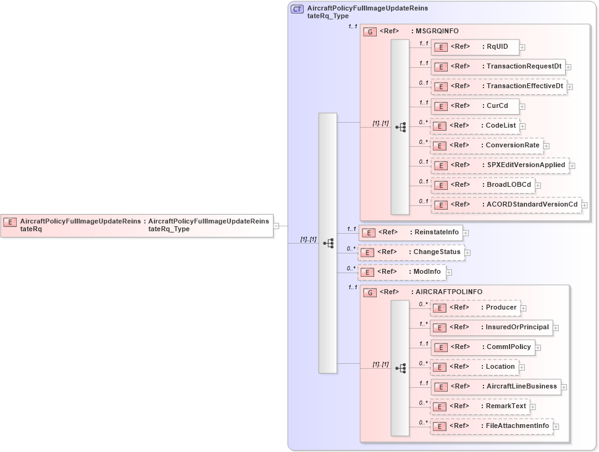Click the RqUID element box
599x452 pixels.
[x=474, y=47]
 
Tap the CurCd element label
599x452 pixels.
[x=497, y=106]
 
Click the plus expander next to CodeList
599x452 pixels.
[x=522, y=126]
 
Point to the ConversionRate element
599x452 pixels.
[x=487, y=146]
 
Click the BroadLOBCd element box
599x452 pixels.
[x=482, y=185]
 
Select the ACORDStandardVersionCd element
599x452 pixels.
[x=506, y=205]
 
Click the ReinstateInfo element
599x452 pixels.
[x=411, y=232]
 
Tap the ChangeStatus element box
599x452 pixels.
[x=411, y=252]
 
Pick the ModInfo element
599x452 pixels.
[x=401, y=272]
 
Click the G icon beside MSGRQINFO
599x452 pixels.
[x=370, y=31]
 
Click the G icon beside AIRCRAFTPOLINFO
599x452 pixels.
[x=370, y=292]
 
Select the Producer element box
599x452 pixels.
[x=475, y=308]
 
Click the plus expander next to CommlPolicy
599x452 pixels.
[x=538, y=348]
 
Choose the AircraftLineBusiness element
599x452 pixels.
[x=495, y=387]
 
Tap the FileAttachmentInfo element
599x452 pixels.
[x=491, y=426]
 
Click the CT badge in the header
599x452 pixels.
[x=297, y=9]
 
